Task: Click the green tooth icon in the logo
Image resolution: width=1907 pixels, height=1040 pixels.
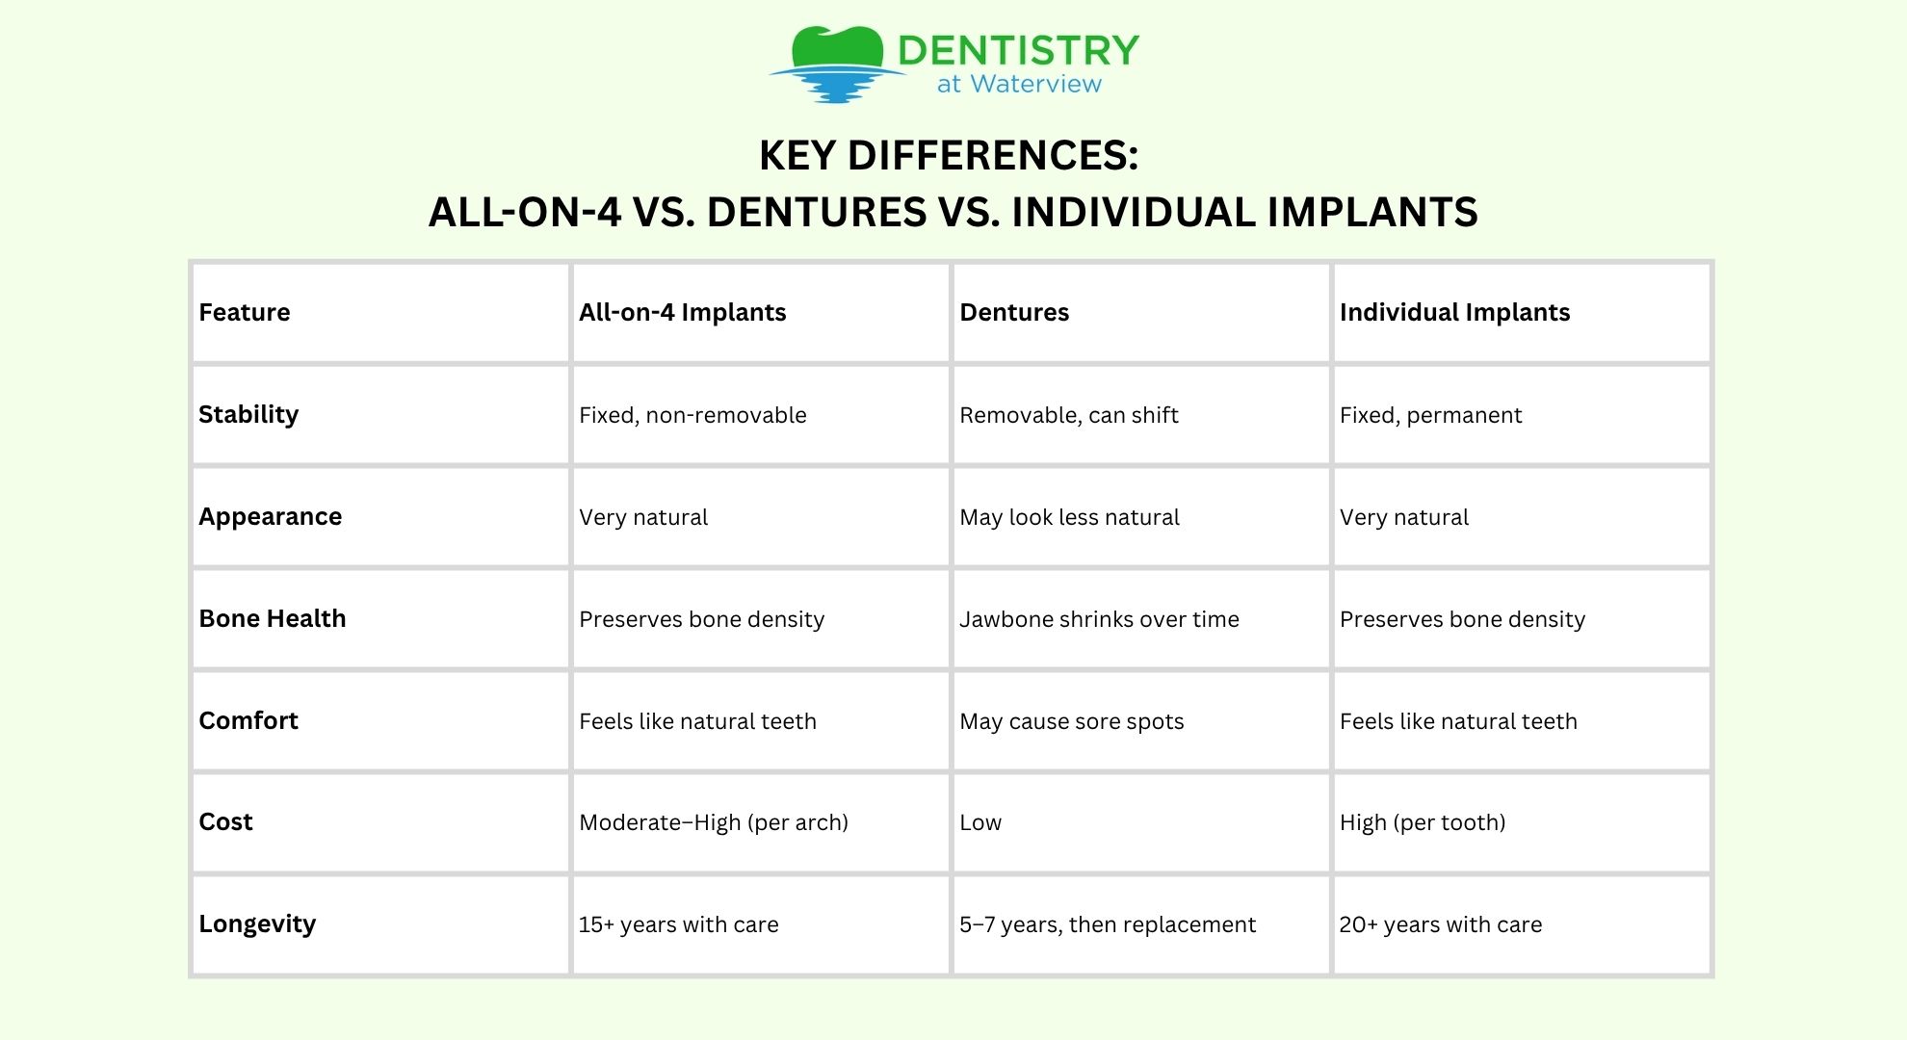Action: point(837,47)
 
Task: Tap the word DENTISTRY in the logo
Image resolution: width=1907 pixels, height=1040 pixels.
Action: point(1019,50)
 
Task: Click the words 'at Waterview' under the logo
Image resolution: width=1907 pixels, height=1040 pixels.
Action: point(1019,85)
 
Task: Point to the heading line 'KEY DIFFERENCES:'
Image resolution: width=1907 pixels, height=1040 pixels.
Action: point(949,156)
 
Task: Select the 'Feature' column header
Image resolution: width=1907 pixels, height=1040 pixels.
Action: point(245,313)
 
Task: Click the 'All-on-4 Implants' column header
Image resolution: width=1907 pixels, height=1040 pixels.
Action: point(683,313)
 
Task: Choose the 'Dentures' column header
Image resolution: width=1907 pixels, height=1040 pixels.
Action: point(1014,313)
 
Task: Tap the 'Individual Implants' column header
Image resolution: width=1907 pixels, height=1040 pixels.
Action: point(1454,313)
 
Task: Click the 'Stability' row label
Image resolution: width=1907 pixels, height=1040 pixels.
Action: point(248,415)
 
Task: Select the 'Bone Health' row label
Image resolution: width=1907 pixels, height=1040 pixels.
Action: point(273,618)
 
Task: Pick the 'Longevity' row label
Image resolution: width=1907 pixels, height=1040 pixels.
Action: point(257,924)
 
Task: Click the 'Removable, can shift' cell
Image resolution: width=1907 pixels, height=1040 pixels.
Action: point(1069,416)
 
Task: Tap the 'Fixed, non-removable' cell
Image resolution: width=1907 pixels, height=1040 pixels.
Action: point(692,416)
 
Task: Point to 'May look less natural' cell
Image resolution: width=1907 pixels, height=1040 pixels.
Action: point(1069,518)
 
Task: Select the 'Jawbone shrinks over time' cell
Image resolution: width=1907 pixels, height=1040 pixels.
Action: point(1099,619)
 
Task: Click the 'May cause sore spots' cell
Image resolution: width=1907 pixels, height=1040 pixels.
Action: point(1072,722)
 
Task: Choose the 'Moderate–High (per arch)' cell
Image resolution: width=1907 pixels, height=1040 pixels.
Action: point(714,823)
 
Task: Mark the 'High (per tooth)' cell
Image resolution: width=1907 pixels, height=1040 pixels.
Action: point(1423,823)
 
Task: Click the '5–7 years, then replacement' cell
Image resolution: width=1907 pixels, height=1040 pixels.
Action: point(1108,925)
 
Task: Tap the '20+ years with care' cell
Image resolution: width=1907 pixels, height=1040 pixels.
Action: point(1441,925)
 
